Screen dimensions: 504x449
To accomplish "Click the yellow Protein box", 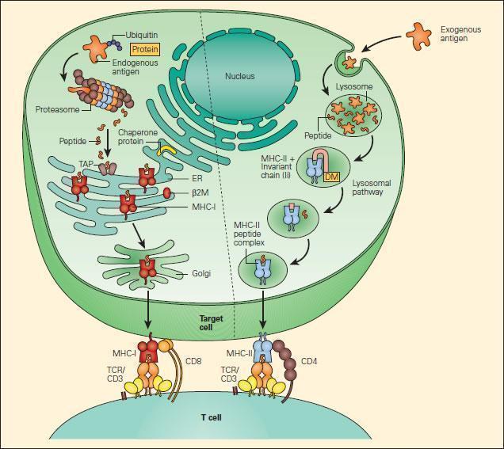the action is pyautogui.click(x=145, y=49).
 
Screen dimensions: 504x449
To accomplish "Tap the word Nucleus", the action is pyautogui.click(x=240, y=76).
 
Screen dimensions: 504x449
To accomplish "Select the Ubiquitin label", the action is pyautogui.click(x=141, y=35).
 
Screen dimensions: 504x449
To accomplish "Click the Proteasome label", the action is pyautogui.click(x=57, y=109).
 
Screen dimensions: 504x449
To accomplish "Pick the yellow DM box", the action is pyautogui.click(x=332, y=176).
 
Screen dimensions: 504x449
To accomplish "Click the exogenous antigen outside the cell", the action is pyautogui.click(x=419, y=36).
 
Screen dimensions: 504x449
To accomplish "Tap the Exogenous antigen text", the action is pyautogui.click(x=460, y=34).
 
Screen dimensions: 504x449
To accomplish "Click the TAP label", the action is pyautogui.click(x=86, y=164).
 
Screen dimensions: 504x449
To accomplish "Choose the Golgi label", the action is pyautogui.click(x=201, y=273).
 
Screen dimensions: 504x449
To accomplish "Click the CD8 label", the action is pyautogui.click(x=193, y=361).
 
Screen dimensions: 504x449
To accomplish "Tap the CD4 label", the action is pyautogui.click(x=309, y=361).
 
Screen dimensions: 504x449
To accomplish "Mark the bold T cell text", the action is pyautogui.click(x=211, y=417).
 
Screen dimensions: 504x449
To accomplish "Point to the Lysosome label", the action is pyautogui.click(x=354, y=86).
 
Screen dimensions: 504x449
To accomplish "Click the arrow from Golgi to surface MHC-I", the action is pyautogui.click(x=148, y=310).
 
